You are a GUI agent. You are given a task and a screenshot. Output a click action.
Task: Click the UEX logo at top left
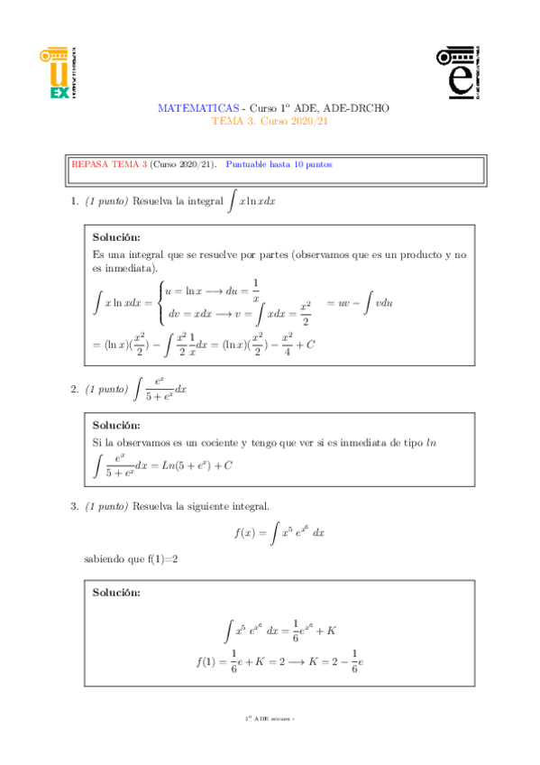[61, 74]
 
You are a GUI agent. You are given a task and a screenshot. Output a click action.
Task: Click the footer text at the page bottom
[270, 718]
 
